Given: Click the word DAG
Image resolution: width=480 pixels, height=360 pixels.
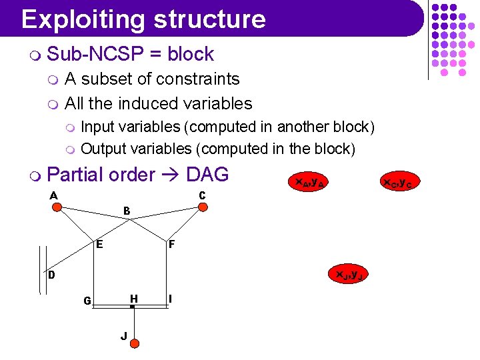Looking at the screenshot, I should click(x=207, y=175).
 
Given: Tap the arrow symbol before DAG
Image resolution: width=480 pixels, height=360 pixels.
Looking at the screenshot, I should click(x=171, y=175).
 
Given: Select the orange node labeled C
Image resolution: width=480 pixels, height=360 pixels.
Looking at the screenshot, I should click(x=203, y=207).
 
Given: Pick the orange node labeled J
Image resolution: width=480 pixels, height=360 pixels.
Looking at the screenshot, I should click(x=134, y=343).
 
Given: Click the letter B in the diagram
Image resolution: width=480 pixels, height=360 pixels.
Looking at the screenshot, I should click(x=127, y=211).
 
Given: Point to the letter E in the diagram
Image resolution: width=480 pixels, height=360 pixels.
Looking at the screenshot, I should click(x=99, y=244).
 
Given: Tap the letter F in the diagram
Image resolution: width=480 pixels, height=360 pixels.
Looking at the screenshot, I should click(x=171, y=245).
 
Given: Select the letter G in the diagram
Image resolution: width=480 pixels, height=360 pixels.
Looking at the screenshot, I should click(x=87, y=301).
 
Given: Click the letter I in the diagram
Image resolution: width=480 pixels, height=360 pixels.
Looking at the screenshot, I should click(x=171, y=299).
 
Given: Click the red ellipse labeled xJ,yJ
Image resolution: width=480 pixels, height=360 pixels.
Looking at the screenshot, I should click(x=348, y=274).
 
